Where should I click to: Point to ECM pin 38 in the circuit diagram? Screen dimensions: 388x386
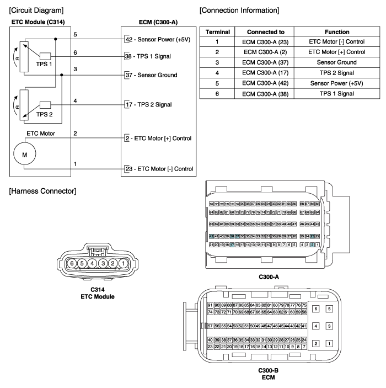[x=128, y=56]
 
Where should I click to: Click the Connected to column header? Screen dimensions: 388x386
[x=258, y=31]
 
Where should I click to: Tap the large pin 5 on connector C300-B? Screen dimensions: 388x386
[x=330, y=309]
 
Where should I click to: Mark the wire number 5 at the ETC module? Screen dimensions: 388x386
[x=75, y=34]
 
